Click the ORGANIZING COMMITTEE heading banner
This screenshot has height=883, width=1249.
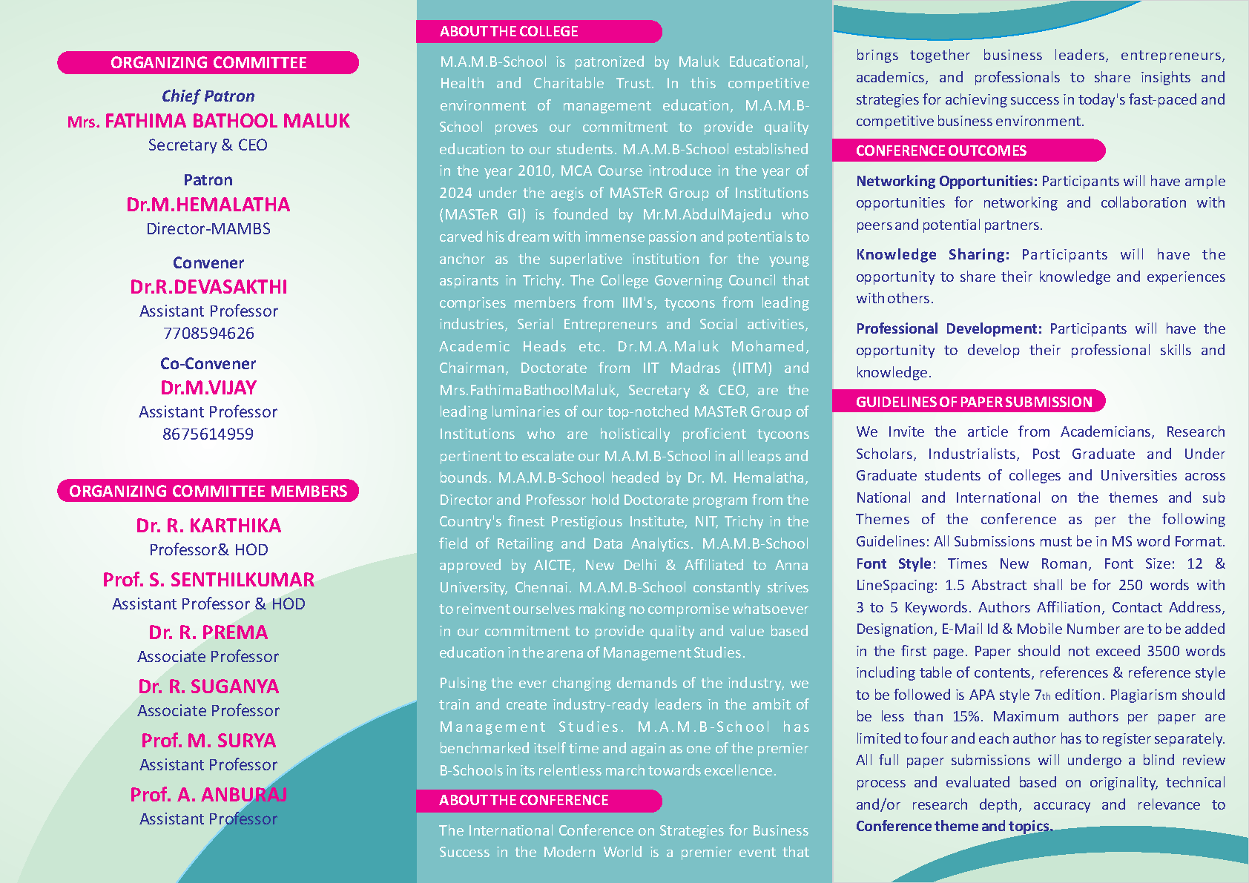208,63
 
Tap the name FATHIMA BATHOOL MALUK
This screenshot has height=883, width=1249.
227,121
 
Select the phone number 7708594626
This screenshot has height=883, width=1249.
208,334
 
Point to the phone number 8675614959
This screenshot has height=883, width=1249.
208,434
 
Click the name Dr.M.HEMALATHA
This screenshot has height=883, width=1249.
208,205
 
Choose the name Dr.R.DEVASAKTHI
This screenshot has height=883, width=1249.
208,287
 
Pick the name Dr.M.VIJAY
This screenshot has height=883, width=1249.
208,388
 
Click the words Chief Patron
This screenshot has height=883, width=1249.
208,96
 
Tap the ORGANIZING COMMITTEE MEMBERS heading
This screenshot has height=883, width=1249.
208,492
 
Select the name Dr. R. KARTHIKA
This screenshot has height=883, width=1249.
208,526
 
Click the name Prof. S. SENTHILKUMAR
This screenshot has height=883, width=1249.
208,580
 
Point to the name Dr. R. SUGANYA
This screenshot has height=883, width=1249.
208,687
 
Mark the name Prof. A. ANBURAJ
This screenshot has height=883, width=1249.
208,795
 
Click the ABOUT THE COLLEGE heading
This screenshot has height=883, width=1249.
509,32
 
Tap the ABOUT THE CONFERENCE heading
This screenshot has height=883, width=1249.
524,801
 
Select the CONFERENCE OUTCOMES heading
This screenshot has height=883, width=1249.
941,151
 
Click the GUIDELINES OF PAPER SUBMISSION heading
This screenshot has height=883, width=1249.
974,402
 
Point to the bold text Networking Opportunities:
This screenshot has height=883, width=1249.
946,182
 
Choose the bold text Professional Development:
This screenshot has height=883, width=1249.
949,329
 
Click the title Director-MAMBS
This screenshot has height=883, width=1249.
208,229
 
